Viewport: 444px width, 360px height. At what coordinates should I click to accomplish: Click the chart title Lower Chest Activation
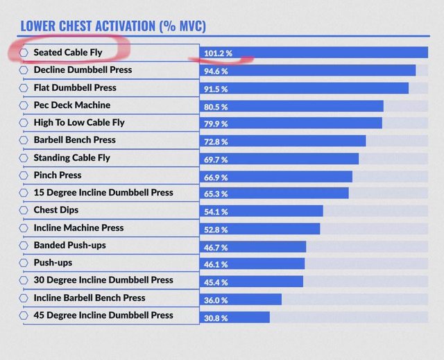113,26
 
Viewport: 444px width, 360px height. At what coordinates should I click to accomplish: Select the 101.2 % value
216,53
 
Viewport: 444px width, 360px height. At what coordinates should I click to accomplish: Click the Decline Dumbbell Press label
83,70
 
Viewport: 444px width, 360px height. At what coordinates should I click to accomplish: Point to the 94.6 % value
215,71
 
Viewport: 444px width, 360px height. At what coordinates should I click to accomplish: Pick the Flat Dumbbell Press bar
305,88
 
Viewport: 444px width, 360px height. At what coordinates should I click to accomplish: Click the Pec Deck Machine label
72,105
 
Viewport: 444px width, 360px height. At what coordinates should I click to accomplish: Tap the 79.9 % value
215,123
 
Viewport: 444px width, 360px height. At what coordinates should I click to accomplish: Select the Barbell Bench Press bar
284,141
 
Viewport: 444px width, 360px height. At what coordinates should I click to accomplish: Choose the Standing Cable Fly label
72,158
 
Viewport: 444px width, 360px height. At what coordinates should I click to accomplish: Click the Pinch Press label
58,175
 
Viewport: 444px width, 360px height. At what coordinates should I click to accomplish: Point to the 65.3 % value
215,194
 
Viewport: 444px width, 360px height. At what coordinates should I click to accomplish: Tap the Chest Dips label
56,210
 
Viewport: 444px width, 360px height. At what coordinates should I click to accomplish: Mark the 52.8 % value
215,229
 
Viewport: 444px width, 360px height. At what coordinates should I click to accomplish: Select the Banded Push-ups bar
254,246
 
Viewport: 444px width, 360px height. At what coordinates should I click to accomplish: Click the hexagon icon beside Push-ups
24,264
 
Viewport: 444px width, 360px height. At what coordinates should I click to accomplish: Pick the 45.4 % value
215,282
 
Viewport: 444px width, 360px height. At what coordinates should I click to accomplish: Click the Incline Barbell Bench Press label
89,298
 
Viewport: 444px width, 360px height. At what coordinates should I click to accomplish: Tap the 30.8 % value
215,317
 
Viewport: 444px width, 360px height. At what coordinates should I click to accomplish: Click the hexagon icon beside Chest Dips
24,210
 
